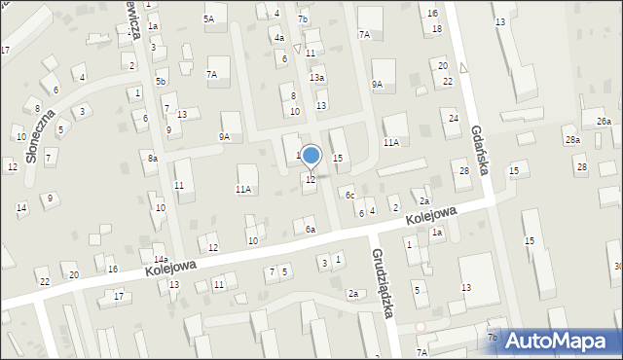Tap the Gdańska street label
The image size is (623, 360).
tap(478, 150)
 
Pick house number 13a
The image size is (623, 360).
tap(316, 77)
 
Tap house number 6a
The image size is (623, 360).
tap(310, 230)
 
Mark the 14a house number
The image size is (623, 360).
tap(160, 260)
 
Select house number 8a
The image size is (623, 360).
tap(152, 158)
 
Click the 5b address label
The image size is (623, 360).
tap(161, 81)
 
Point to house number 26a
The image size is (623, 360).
tap(604, 122)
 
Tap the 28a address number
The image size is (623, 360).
tap(574, 141)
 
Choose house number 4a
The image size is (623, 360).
tap(279, 38)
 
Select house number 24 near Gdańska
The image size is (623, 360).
tap(453, 118)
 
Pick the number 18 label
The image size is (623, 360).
tap(437, 29)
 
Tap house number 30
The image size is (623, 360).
tap(617, 267)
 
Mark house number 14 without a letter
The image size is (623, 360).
tap(21, 207)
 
